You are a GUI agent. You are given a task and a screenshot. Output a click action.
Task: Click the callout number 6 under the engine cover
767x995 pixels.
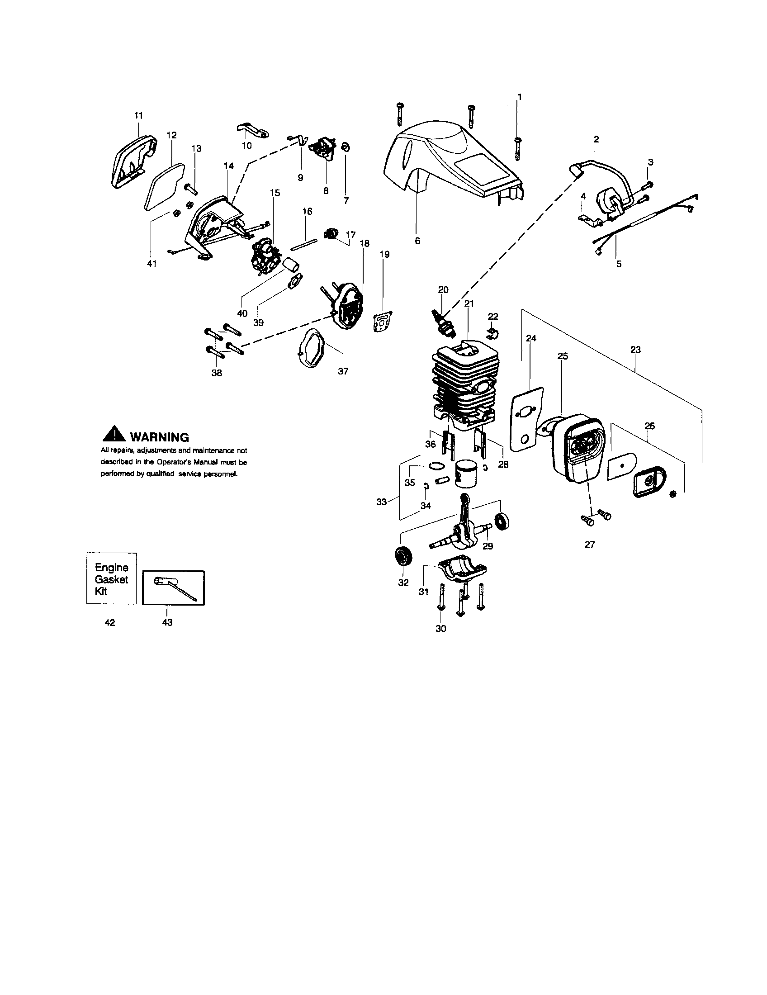[x=418, y=241]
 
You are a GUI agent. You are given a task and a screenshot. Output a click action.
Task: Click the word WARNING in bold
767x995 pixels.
[x=159, y=437]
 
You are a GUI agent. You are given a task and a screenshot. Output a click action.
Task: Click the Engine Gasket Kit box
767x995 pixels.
[x=112, y=579]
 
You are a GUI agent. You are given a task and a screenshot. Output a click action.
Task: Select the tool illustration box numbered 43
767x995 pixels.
[x=174, y=588]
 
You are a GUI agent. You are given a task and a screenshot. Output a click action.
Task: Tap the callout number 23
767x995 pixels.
[x=635, y=350]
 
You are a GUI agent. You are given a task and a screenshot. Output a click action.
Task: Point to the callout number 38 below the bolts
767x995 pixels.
[x=217, y=373]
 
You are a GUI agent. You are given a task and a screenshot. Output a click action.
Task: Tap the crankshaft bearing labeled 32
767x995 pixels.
[x=403, y=556]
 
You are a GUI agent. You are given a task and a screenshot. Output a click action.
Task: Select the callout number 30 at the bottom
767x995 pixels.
[x=441, y=629]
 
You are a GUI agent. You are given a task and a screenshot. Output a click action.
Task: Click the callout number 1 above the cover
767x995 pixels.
[x=520, y=97]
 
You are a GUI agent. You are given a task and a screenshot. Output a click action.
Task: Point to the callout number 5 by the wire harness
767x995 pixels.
[x=619, y=263]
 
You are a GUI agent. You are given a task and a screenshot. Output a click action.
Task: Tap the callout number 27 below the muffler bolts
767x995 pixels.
[x=589, y=544]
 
